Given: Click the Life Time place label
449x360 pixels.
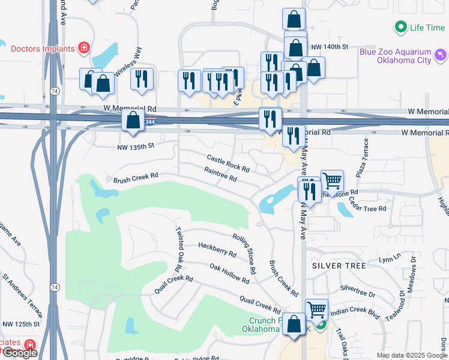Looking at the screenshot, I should pyautogui.click(x=427, y=28).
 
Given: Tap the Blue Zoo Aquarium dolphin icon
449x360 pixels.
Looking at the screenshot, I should pyautogui.click(x=442, y=56).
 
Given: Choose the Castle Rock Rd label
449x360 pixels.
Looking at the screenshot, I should pyautogui.click(x=228, y=164).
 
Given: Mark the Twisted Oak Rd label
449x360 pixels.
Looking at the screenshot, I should pyautogui.click(x=179, y=248).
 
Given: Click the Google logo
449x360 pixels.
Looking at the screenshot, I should pyautogui.click(x=20, y=353).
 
